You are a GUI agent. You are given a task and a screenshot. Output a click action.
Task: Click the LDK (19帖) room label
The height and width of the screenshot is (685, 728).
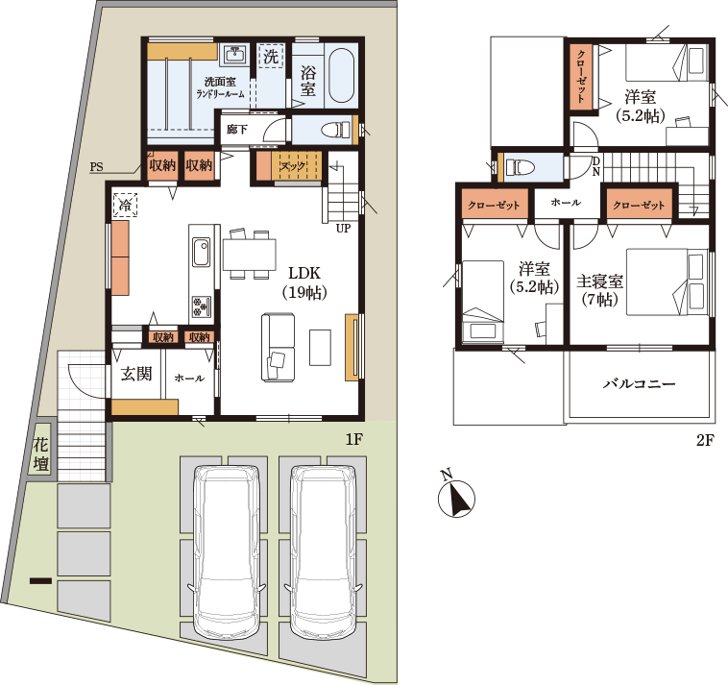[304, 282]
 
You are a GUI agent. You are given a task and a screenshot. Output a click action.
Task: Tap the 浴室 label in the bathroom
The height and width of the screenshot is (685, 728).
[308, 81]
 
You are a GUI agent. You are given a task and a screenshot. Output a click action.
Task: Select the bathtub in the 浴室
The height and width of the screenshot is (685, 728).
[342, 75]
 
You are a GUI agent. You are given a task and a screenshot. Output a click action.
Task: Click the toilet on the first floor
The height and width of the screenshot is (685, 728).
[336, 130]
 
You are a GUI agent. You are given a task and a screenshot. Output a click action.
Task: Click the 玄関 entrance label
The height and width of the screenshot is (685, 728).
[136, 374]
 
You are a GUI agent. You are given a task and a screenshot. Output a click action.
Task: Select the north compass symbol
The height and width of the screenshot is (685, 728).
[456, 496]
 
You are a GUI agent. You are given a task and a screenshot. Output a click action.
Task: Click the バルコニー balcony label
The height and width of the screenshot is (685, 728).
[639, 384]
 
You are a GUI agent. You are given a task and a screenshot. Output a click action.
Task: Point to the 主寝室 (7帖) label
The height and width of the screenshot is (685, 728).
[600, 291]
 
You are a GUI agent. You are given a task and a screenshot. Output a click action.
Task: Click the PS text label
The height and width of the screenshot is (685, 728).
[97, 167]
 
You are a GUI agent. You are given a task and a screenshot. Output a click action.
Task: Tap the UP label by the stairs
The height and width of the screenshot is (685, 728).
[344, 229]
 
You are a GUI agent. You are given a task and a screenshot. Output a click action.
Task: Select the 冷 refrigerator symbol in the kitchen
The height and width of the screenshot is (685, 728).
[126, 205]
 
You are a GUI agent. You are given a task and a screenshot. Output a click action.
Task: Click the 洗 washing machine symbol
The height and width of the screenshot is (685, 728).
[271, 56]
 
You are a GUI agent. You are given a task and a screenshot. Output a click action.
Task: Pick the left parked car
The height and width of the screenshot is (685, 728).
[227, 548]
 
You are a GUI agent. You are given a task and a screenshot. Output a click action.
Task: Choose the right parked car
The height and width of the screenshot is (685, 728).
[324, 548]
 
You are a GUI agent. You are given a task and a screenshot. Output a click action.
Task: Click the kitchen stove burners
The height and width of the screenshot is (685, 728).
[201, 307]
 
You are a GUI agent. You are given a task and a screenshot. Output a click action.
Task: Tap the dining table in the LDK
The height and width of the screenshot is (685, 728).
[250, 254]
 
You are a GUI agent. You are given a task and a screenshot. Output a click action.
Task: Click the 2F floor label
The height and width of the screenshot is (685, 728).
[704, 440]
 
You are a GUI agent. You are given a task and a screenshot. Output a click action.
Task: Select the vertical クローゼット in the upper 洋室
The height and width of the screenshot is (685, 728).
[581, 77]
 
